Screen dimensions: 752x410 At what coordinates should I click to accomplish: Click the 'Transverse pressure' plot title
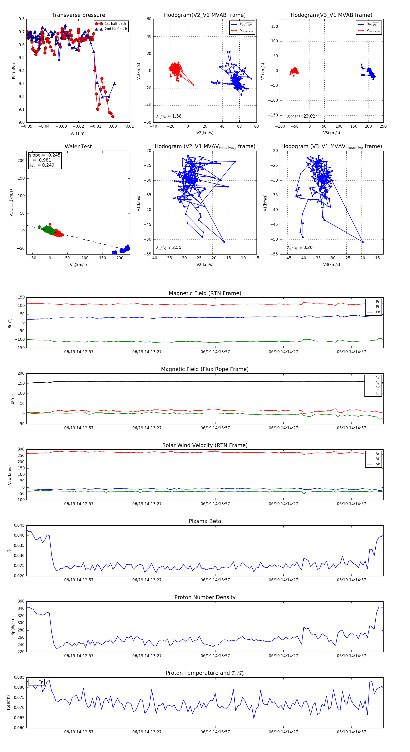(78, 15)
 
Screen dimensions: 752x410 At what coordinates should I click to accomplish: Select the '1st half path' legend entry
(115, 24)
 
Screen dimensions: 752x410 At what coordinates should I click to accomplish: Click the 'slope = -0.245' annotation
(45, 155)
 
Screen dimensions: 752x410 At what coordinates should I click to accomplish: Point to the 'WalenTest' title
(78, 147)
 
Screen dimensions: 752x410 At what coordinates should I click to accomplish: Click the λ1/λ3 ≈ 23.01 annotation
(301, 116)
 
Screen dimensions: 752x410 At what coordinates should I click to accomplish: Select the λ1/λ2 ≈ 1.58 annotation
(169, 116)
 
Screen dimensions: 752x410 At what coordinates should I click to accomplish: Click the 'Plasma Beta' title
(205, 521)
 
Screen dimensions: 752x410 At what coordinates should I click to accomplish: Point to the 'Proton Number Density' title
(205, 597)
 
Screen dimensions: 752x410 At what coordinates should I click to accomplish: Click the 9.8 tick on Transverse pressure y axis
(22, 19)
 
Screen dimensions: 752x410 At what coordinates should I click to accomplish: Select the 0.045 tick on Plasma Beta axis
(19, 525)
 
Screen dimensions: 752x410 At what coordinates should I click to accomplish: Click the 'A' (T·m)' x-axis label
(78, 133)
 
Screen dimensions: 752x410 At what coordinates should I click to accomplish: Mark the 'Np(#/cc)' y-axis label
(13, 627)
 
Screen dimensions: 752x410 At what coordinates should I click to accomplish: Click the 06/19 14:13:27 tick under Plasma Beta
(147, 580)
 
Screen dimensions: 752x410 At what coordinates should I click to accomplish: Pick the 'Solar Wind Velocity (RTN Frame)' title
(205, 445)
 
